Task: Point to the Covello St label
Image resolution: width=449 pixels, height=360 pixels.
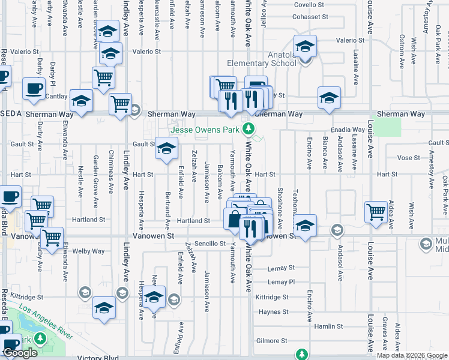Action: [309, 5]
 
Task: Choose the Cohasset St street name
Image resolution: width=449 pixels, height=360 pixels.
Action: [309, 17]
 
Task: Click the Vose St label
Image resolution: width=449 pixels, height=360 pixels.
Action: [408, 158]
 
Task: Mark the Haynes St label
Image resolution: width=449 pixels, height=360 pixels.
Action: [274, 312]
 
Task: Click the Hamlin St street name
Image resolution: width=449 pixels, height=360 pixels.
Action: [328, 326]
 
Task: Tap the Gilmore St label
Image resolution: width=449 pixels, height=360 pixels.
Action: [268, 341]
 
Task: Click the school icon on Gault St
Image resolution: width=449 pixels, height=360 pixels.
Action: [166, 148]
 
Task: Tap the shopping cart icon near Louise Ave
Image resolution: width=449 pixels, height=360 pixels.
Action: [376, 211]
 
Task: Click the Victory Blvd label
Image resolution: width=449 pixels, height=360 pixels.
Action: [98, 358]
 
